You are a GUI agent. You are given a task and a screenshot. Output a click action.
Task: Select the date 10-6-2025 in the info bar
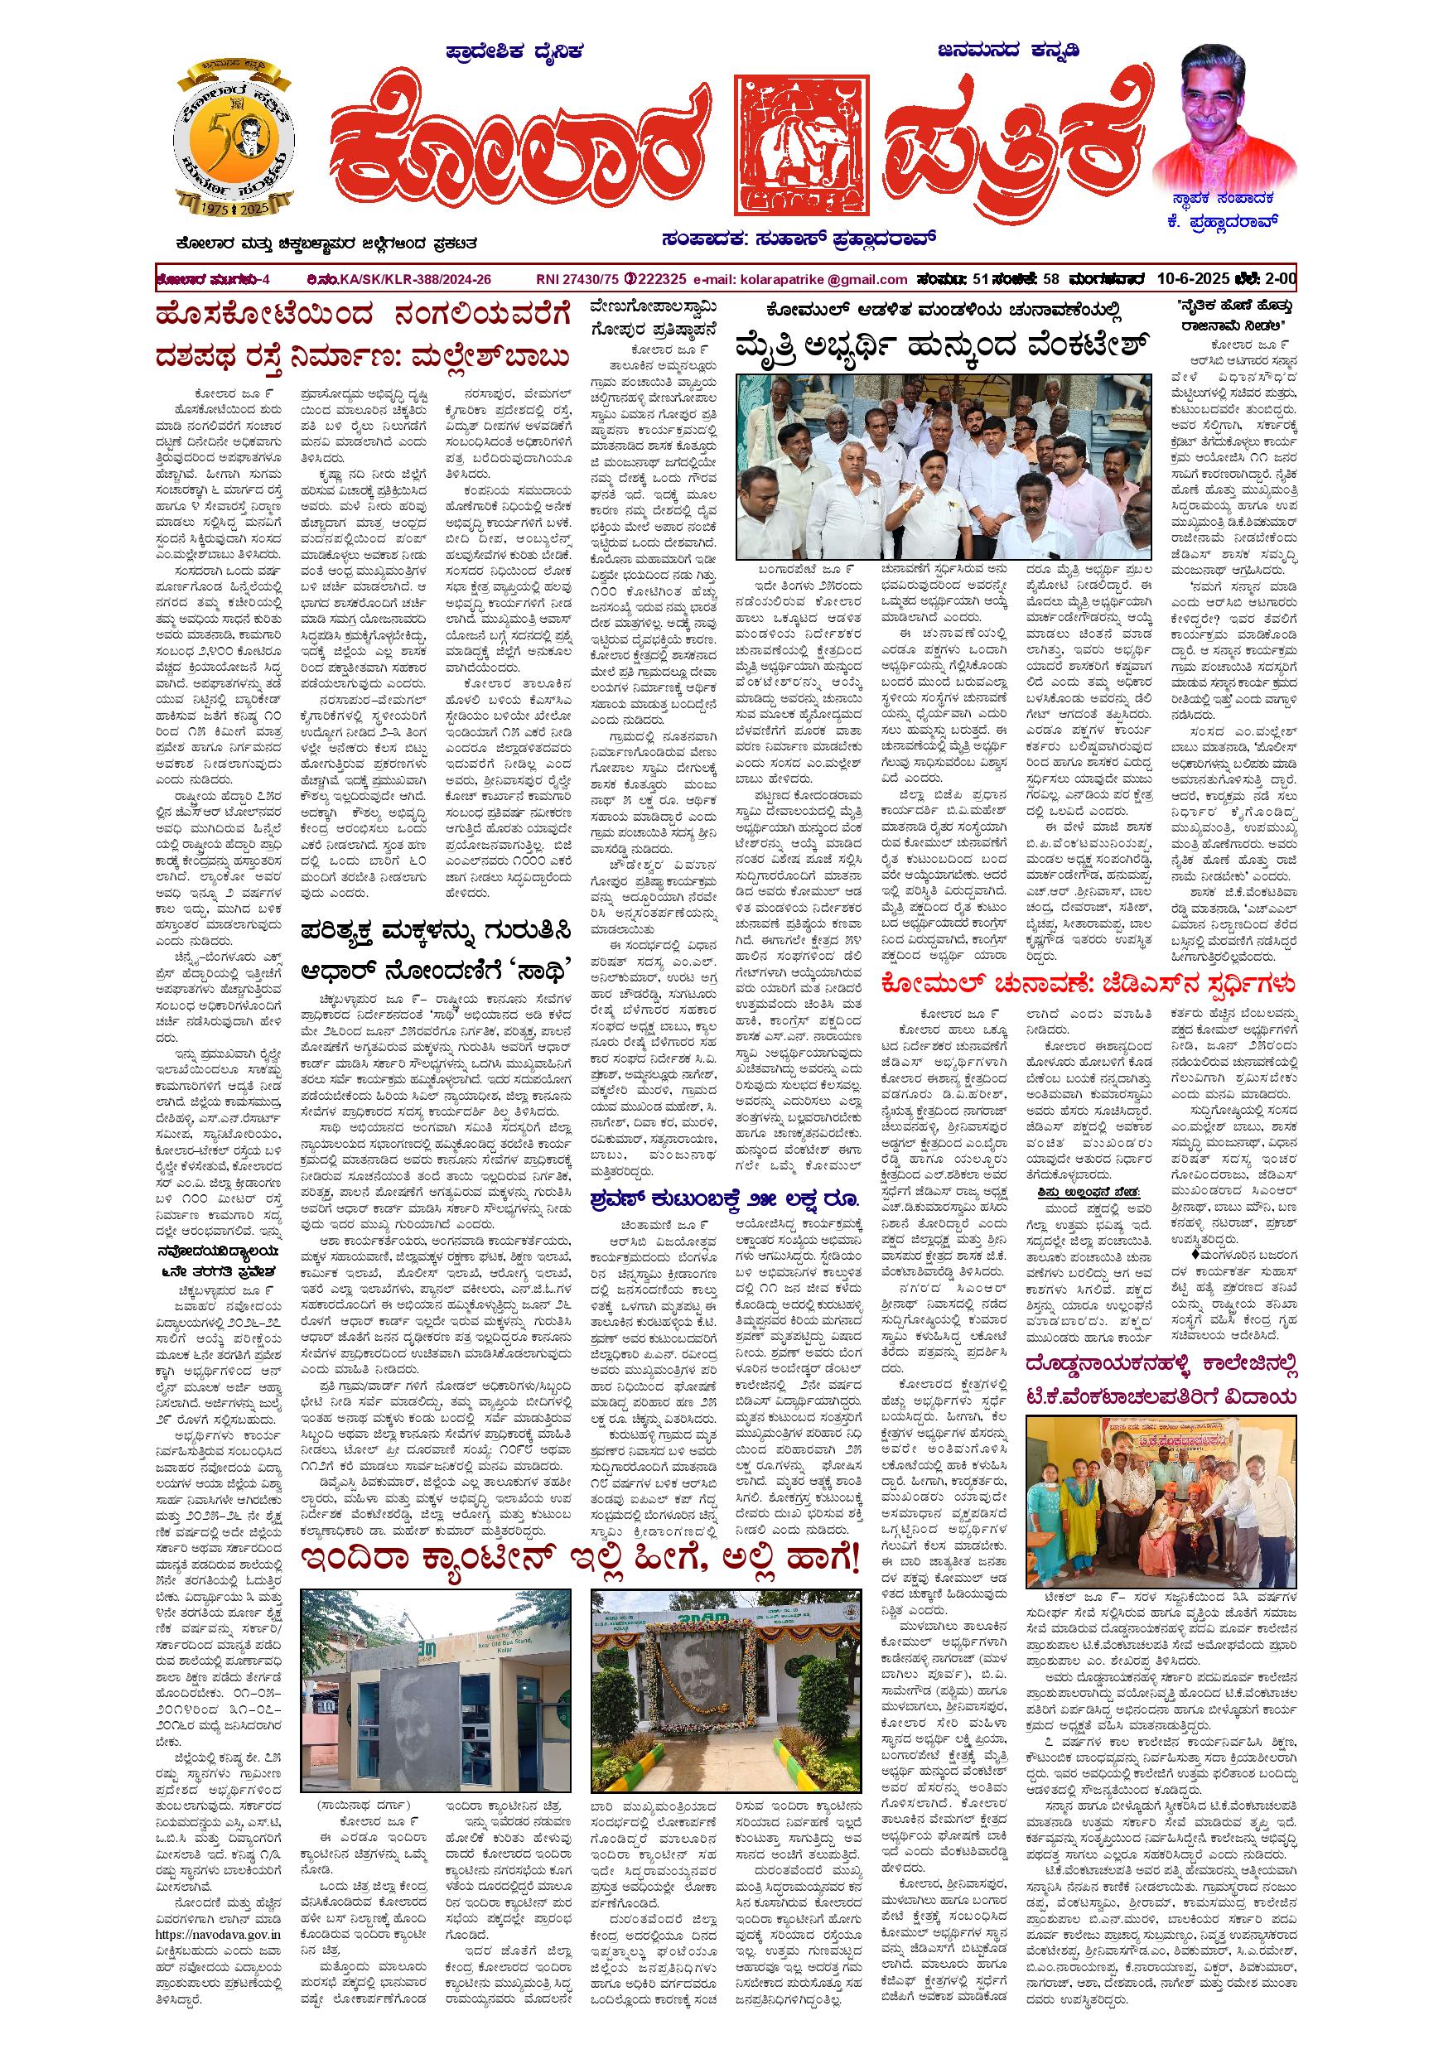1191,279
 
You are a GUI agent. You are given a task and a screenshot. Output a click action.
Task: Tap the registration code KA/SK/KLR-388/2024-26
415,279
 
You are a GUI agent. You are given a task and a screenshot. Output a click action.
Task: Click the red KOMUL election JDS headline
1087,985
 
